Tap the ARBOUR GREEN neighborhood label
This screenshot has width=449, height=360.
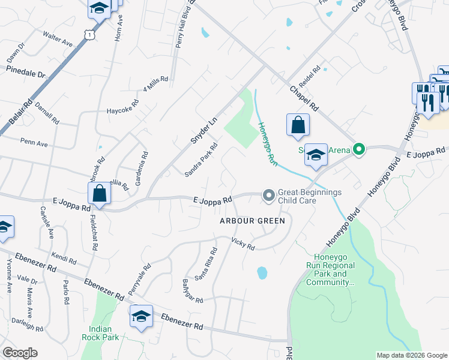tap(252, 220)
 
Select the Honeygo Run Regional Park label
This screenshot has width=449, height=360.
tap(331, 269)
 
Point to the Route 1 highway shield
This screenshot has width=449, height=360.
tap(89, 35)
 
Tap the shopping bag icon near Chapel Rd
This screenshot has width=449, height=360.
tap(298, 127)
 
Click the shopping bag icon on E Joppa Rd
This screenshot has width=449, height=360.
tap(99, 195)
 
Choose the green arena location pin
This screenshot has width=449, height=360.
tap(359, 149)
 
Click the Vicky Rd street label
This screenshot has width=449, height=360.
tap(243, 244)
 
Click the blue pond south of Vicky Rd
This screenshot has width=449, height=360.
tap(262, 273)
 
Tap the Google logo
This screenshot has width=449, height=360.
tap(20, 353)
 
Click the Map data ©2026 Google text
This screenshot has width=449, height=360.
tap(411, 355)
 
